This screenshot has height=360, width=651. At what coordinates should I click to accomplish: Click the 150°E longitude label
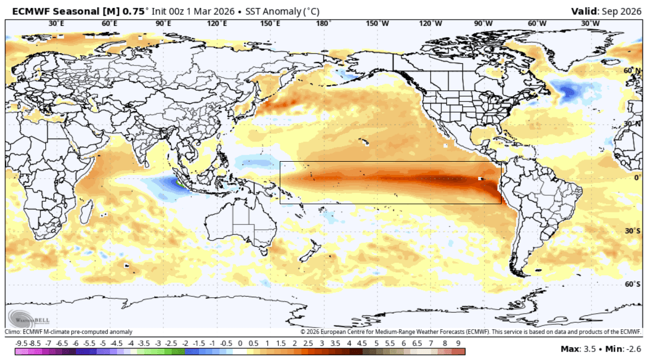coord(270,23)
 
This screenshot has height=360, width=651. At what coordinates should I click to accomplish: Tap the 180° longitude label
coord(323,23)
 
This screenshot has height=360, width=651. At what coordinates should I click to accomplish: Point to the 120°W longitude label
coord(430,23)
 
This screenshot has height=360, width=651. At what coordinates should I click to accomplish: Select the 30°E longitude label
coord(56,23)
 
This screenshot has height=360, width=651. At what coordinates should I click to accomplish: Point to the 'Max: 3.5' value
coord(578,349)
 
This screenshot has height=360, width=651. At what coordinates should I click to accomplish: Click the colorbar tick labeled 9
coord(458,343)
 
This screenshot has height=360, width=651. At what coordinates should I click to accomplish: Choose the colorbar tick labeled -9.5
coord(21,343)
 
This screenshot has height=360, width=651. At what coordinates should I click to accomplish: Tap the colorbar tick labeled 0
coord(240,343)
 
